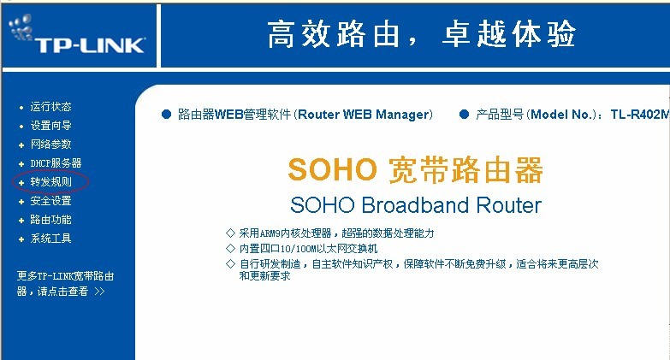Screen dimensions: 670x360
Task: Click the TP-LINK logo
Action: tap(77, 35)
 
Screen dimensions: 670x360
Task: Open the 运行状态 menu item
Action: tap(50, 106)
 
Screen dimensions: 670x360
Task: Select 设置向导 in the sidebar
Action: tap(50, 125)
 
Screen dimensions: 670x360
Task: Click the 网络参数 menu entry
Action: tap(50, 144)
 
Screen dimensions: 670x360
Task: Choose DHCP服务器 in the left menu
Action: tap(56, 162)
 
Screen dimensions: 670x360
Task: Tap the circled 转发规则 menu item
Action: tap(50, 181)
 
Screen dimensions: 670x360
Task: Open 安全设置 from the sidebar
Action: tap(50, 200)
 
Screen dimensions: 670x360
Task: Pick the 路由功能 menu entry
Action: tap(50, 219)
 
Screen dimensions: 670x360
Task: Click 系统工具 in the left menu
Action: tap(50, 238)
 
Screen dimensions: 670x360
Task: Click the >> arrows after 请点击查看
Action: tap(99, 292)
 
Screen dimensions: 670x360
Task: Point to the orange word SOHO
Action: tap(333, 169)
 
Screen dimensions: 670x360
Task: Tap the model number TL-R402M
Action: tap(640, 115)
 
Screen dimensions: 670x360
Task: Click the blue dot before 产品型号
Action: tap(464, 114)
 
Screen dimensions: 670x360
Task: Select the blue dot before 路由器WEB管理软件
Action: tap(166, 114)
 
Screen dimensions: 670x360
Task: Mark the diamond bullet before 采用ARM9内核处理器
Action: tap(231, 233)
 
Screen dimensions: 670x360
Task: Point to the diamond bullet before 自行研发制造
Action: tap(231, 263)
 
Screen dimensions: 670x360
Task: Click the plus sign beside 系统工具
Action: tap(21, 239)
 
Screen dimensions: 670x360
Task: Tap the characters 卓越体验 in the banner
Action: tap(508, 34)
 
